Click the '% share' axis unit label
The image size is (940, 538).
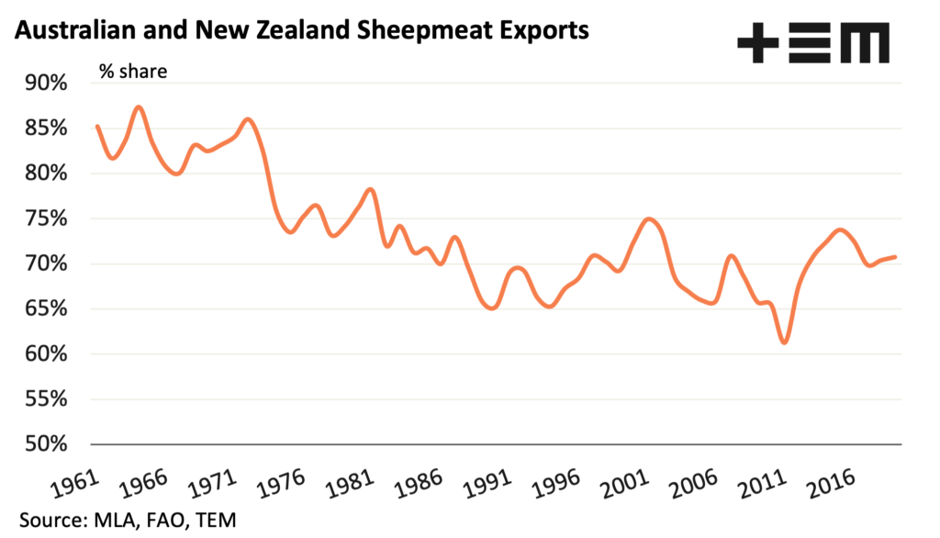pyautogui.click(x=133, y=71)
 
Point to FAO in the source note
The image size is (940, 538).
pyautogui.click(x=160, y=520)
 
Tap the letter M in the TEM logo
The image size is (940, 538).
pyautogui.click(x=867, y=43)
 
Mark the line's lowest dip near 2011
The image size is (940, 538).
pyautogui.click(x=784, y=342)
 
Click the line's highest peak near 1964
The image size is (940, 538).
pyautogui.click(x=138, y=107)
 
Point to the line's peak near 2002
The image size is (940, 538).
pyautogui.click(x=650, y=219)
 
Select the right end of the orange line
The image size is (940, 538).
pyautogui.click(x=895, y=257)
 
